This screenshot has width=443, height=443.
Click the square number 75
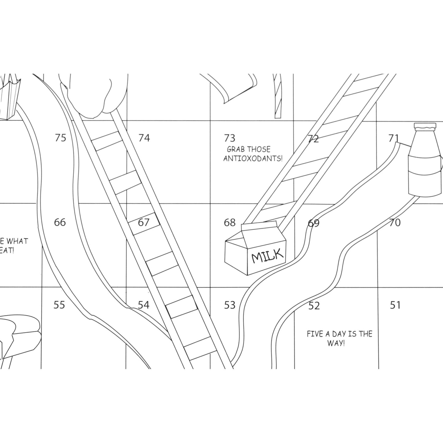60,138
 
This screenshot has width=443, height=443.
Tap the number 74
144,138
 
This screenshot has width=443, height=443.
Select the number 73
229,138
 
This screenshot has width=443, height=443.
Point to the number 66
60,222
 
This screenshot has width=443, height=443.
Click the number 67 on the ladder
143,222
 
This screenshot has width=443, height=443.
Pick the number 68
230,222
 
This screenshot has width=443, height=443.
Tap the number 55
59,305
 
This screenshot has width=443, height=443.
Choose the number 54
143,305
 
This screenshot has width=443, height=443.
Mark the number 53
230,305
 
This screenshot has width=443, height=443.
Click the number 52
314,306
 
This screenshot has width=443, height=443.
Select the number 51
395,305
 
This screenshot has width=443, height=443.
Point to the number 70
395,223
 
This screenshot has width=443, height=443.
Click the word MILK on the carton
267,255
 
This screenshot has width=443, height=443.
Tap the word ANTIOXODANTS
253,158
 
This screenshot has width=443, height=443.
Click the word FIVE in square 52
315,334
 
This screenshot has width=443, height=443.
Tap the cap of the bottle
425,126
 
